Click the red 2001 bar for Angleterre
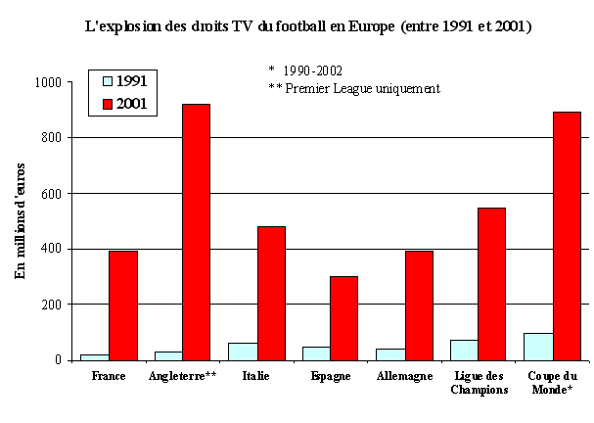[x=196, y=232]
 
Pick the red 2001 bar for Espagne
[x=343, y=318]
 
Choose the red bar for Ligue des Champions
[x=491, y=284]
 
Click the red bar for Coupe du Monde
[x=566, y=236]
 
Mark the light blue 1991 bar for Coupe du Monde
[x=538, y=347]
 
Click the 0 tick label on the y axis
[x=60, y=360]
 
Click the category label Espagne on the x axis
[x=331, y=376]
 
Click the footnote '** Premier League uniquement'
[x=354, y=88]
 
